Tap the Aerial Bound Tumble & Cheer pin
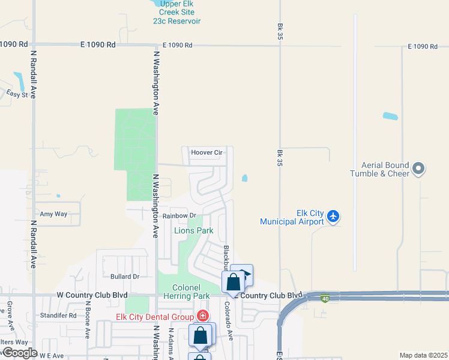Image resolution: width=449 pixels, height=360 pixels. coord(419,169)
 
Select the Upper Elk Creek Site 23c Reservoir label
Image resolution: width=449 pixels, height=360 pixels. coord(176,12)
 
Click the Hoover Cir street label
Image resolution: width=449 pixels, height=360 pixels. coord(206,152)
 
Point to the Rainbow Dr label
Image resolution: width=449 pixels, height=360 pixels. coord(179,215)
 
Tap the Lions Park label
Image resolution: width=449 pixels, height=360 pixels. coord(193,230)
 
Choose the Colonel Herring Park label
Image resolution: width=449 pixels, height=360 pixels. coord(191,292)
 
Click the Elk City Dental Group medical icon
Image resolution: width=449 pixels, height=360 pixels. coord(203,316)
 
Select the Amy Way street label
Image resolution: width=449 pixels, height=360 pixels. coord(53,214)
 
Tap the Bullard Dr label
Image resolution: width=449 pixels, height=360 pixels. coord(125,277)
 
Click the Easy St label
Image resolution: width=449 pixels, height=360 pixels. coord(17,94)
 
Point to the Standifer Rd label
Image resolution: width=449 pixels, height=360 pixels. coord(58,315)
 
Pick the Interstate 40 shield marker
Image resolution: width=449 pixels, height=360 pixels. coord(325,298)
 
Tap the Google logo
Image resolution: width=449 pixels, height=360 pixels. coord(19,353)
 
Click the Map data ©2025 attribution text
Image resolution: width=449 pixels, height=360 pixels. coord(423,355)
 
